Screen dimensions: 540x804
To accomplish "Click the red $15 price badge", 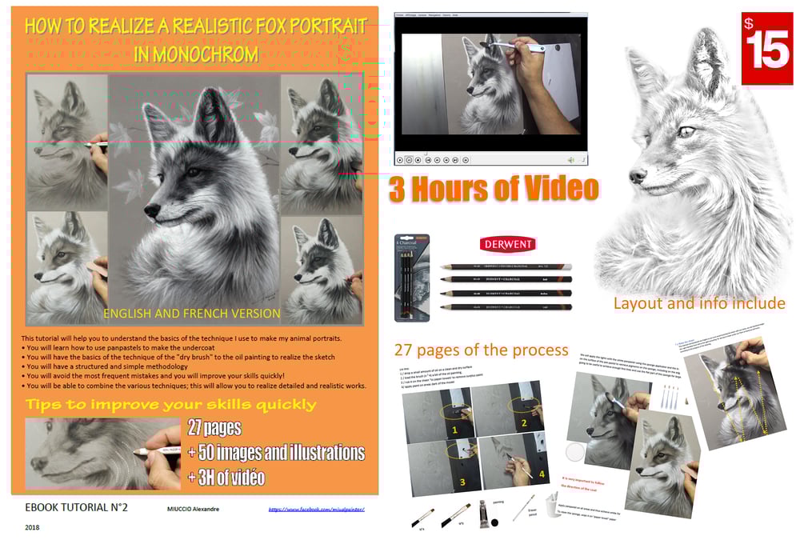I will [x=766, y=47].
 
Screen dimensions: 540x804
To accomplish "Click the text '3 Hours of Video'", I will [x=494, y=188].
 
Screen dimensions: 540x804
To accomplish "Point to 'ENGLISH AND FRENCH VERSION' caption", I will [x=192, y=314].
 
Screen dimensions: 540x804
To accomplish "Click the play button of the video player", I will [x=410, y=159].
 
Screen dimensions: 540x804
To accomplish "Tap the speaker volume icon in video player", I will [x=571, y=159].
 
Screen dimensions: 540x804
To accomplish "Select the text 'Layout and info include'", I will [x=698, y=303].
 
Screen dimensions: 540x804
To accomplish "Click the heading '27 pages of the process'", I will [x=481, y=350].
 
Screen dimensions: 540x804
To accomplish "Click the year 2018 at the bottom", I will [x=32, y=527].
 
